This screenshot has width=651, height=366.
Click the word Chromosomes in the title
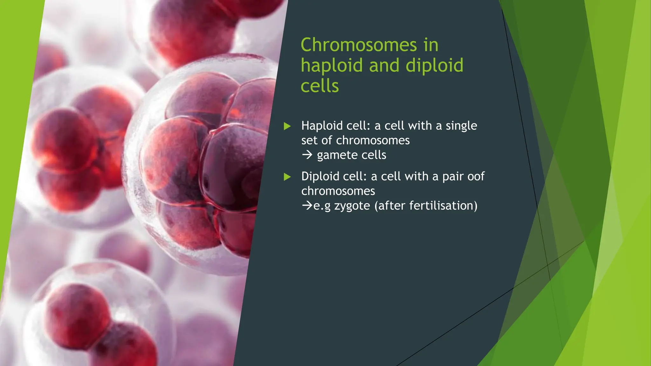358,45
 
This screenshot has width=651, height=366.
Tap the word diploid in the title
434,65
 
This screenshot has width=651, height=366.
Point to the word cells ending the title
319,86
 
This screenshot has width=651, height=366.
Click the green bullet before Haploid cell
287,126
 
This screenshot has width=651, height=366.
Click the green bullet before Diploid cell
287,177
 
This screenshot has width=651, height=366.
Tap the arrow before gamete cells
307,155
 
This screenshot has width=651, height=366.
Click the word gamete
335,155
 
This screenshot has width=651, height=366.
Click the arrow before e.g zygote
307,206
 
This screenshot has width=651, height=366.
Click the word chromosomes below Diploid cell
338,191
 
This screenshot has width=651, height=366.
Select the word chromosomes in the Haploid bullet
373,140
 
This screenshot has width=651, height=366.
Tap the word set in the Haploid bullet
309,140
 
